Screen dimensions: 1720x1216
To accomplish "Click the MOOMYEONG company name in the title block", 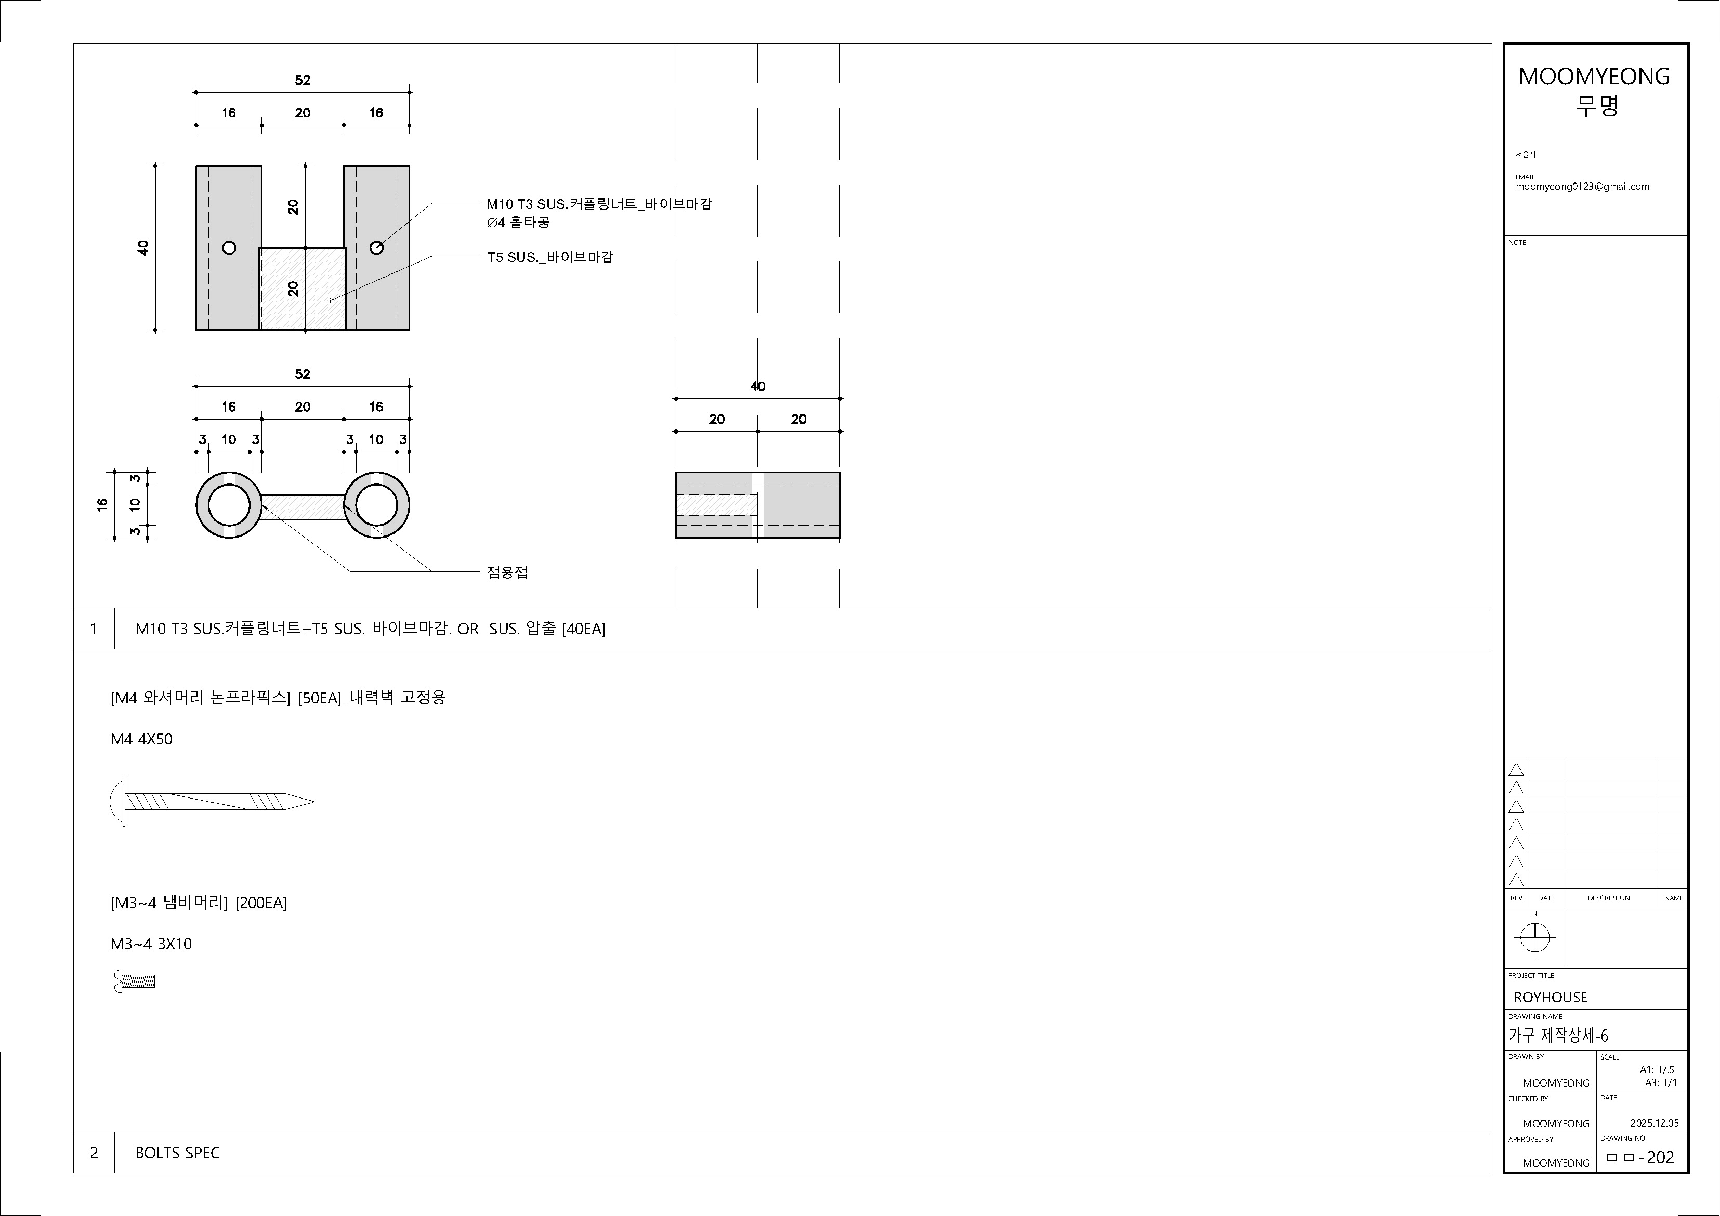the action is [1594, 76].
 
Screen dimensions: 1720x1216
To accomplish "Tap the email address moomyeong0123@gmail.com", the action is [1582, 187].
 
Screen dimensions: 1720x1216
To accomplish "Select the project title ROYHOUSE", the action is [1550, 997].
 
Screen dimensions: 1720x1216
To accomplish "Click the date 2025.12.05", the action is [1654, 1123].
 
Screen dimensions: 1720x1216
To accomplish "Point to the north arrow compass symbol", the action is [1534, 936].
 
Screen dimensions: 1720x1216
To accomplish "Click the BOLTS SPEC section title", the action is [178, 1153].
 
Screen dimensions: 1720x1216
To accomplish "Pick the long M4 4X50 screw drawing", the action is [212, 802].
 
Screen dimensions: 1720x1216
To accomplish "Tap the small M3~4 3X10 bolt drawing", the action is [134, 980].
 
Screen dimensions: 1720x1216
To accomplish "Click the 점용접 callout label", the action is [507, 572].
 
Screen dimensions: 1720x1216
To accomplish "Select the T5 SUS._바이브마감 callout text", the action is [550, 257].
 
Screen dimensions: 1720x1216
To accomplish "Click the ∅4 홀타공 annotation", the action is [518, 223].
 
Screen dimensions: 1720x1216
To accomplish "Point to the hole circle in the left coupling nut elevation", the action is [229, 247].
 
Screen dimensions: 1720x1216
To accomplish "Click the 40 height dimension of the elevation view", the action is [143, 247].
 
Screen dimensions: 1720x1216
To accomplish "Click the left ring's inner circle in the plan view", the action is [229, 506].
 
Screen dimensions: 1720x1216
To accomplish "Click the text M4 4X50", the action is [141, 739].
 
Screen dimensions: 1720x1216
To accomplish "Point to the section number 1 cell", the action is [94, 629].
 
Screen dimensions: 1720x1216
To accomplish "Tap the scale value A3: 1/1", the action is [1660, 1082].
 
